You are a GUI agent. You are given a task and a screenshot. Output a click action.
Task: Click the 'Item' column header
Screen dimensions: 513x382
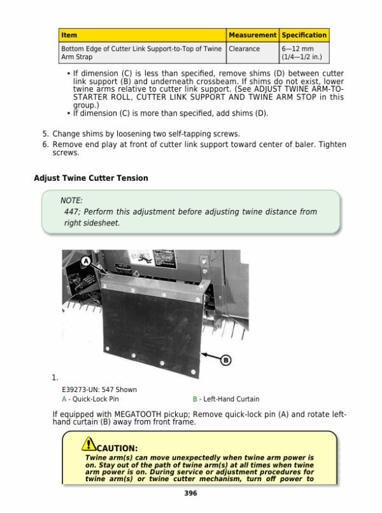click(69, 35)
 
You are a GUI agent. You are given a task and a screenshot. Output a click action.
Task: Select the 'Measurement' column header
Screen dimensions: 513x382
click(252, 35)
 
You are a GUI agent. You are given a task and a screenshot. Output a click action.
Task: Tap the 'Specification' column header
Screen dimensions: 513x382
click(304, 35)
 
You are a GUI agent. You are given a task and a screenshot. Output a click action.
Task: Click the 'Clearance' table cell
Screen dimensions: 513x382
click(244, 49)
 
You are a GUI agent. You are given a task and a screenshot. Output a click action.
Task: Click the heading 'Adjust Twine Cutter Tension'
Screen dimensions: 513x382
click(90, 178)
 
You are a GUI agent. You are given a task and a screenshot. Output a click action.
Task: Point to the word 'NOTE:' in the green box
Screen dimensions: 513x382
click(71, 200)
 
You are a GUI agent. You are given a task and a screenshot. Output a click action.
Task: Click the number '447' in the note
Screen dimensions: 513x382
click(71, 212)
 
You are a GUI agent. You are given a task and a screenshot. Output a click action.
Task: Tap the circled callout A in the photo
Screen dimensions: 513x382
click(85, 262)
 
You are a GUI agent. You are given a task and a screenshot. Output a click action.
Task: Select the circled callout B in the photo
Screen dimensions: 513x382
click(225, 360)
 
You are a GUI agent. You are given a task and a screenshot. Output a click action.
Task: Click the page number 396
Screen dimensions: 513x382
click(190, 493)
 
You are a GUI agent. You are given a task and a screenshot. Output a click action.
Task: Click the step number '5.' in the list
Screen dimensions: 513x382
click(45, 134)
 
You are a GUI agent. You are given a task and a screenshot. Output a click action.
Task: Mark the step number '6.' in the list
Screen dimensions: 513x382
click(45, 144)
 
